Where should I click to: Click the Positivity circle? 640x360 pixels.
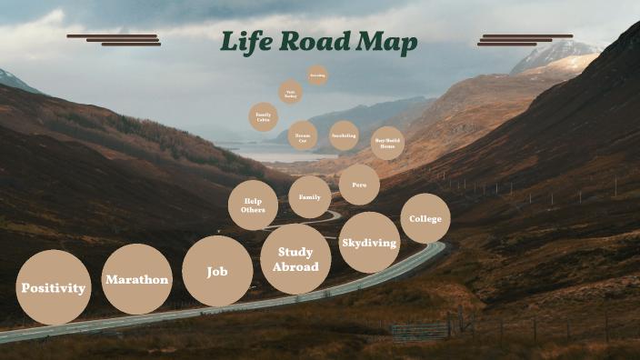(54, 287)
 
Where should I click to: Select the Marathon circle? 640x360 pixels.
(137, 279)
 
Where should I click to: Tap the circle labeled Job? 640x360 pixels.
(217, 271)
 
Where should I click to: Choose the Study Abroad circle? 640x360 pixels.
(295, 259)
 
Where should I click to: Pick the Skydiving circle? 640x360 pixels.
(369, 243)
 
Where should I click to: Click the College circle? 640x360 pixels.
(425, 218)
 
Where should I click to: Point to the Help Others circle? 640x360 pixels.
(253, 205)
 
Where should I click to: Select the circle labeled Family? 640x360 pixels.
(310, 197)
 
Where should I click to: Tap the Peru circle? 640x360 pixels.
(359, 185)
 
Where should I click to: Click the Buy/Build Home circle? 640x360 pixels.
(387, 143)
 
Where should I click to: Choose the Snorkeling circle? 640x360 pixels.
(344, 135)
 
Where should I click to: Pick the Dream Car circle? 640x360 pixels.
(303, 135)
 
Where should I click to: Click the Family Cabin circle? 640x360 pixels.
(264, 116)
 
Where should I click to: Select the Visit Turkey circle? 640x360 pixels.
(291, 93)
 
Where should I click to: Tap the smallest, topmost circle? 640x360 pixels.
(317, 75)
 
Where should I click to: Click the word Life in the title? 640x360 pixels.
(245, 42)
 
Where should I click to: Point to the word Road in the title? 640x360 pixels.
(315, 42)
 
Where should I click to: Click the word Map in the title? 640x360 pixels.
(388, 43)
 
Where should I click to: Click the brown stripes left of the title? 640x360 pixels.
(114, 40)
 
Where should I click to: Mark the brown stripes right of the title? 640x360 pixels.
(525, 40)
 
